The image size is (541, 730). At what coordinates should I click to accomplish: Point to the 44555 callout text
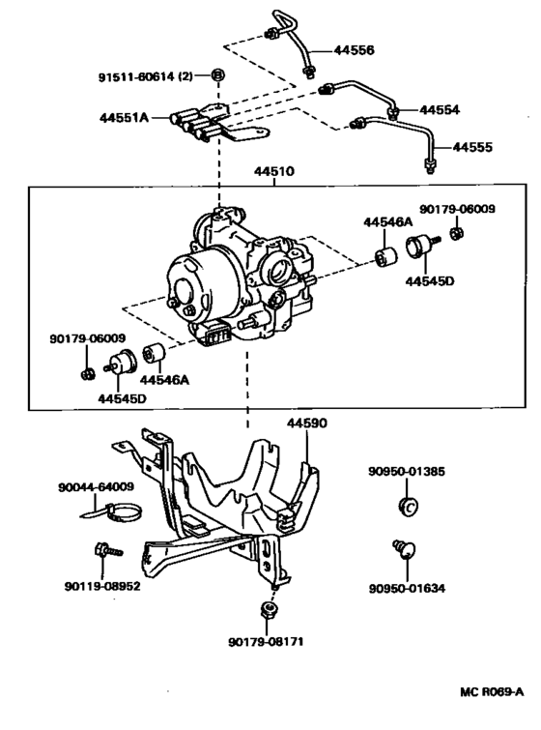coord(473,148)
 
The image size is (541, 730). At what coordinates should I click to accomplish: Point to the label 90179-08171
coord(268,642)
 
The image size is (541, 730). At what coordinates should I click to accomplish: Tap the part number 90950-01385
coord(406,471)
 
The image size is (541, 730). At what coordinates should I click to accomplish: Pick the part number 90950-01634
coord(407,587)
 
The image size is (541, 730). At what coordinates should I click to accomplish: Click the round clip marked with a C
coord(407,507)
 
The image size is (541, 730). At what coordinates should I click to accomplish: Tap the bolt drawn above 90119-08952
coord(107,551)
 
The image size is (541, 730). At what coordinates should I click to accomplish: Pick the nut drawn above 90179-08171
coord(268,611)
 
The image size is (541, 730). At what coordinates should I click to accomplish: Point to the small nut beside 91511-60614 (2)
coord(218,76)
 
